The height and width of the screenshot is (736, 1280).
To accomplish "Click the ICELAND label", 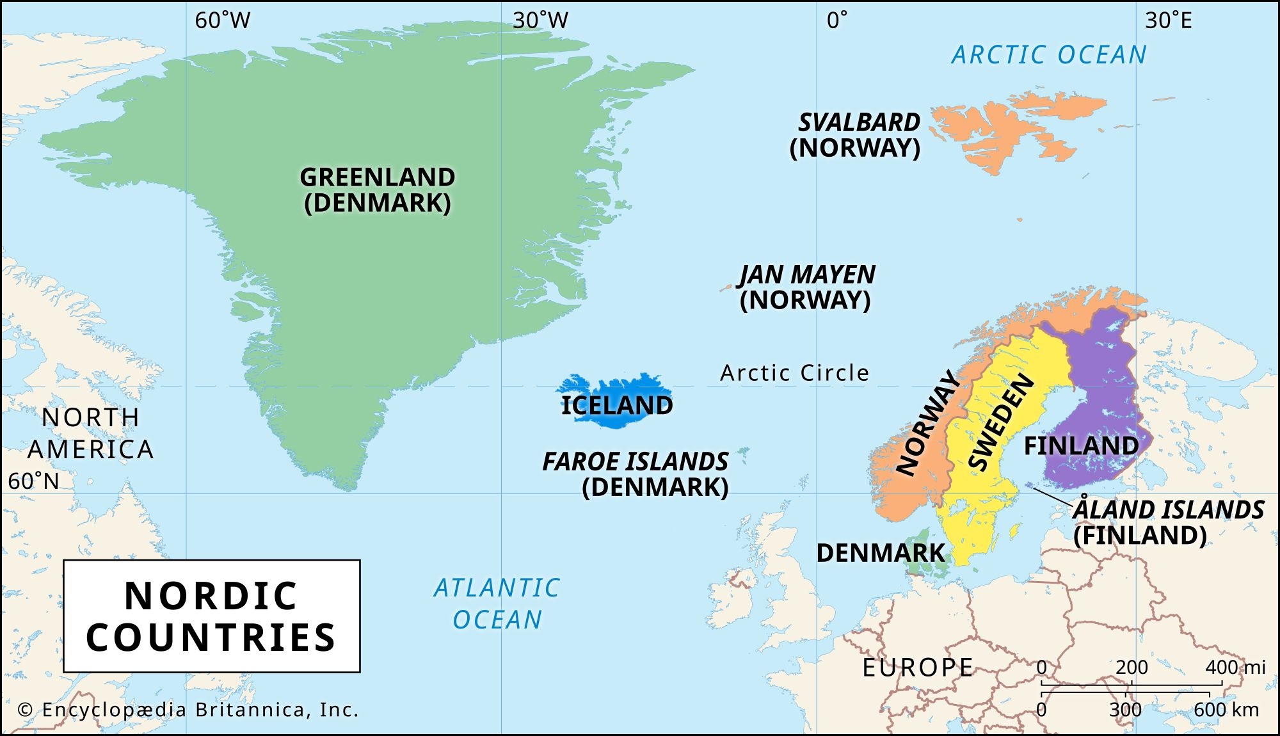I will click(x=616, y=405).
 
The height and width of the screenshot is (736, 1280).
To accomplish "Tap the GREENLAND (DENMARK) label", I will click(x=378, y=190).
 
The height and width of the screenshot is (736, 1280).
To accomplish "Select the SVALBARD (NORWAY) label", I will click(x=856, y=135).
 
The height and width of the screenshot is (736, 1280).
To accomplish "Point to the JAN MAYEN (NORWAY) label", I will click(x=806, y=287).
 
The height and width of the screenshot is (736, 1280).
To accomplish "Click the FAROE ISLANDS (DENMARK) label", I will click(x=636, y=474).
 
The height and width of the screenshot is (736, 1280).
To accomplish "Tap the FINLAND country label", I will click(x=1081, y=445).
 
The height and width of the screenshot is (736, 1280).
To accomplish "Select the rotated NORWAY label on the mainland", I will click(x=927, y=423).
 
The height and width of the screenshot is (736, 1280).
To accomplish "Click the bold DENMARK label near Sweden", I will click(x=881, y=553).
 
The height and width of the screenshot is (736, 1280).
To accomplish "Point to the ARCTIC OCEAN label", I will click(x=1049, y=55).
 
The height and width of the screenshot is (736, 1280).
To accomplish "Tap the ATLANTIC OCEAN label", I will click(x=497, y=604).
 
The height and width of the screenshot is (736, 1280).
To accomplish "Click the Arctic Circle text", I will click(x=795, y=372).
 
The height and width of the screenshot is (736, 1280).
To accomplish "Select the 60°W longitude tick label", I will click(x=222, y=20).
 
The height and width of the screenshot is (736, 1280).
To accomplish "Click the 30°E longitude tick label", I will click(x=1168, y=20).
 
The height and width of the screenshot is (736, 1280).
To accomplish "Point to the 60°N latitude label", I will click(x=33, y=481).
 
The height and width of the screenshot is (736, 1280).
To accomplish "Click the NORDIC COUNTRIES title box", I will click(x=211, y=616).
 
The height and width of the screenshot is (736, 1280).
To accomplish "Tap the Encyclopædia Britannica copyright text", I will click(x=188, y=710).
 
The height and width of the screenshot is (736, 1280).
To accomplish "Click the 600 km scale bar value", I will click(x=1226, y=710).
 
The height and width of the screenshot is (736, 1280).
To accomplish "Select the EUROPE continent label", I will click(x=917, y=668).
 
